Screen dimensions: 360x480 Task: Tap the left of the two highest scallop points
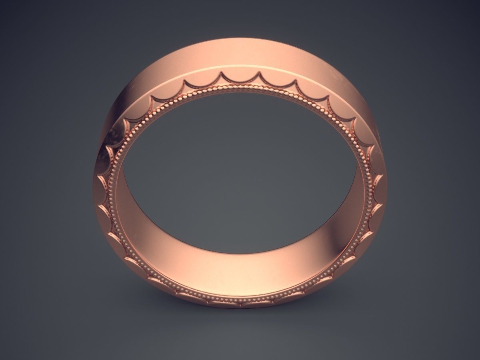click(221, 72)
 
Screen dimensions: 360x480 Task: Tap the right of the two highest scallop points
click(259, 72)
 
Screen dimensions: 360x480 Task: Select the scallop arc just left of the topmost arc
click(202, 82)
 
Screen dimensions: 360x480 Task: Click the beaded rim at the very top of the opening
click(240, 86)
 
